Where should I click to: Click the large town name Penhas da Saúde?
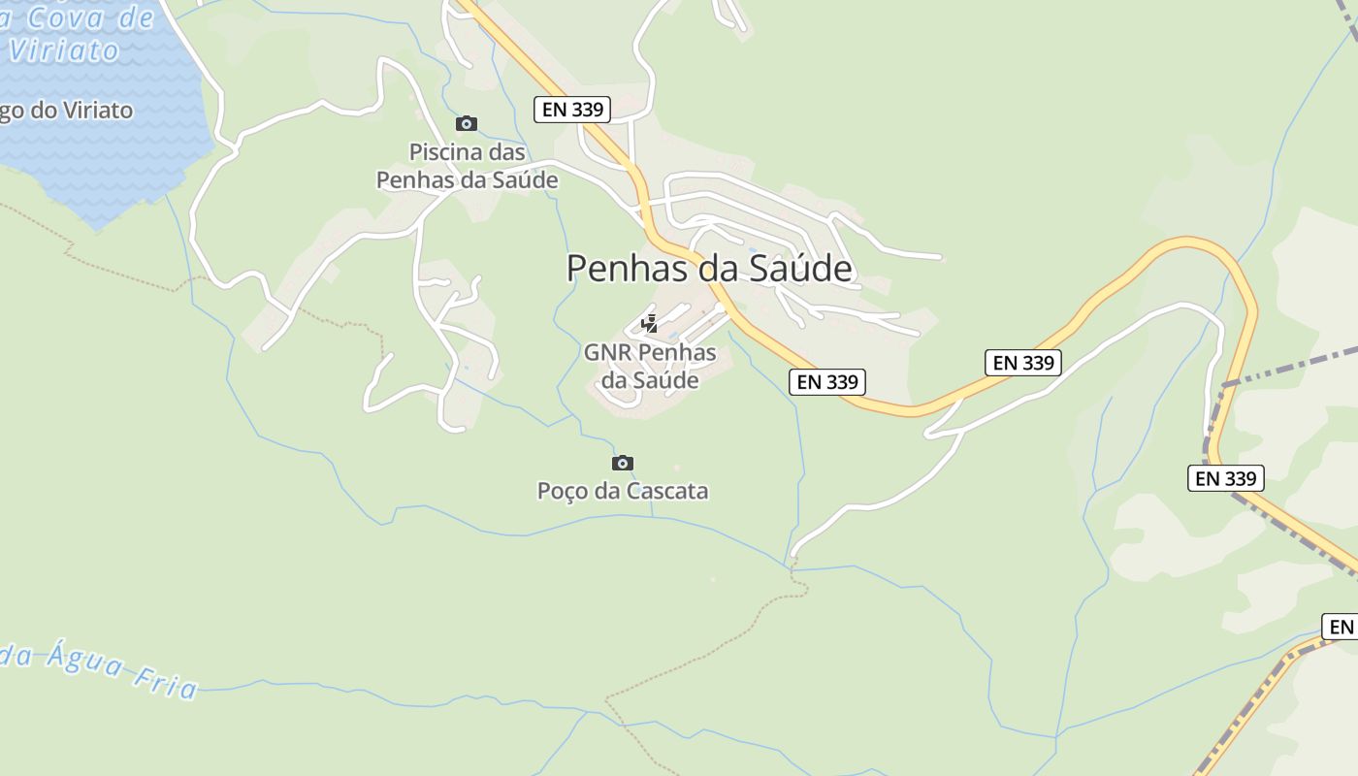pos(709,269)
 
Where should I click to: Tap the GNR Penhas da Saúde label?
pos(650,366)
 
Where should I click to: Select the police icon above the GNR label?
pos(650,324)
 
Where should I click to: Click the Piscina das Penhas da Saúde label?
pos(467,166)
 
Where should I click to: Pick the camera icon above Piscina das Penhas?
pos(467,123)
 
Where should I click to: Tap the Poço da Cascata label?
pos(623,491)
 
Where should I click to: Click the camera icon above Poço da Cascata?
pos(623,463)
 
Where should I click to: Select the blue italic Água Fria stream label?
pos(107,668)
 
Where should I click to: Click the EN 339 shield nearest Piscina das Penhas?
pos(572,109)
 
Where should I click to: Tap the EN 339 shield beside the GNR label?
pos(826,381)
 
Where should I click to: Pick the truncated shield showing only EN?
pos(1341,627)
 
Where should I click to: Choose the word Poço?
pos(563,491)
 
